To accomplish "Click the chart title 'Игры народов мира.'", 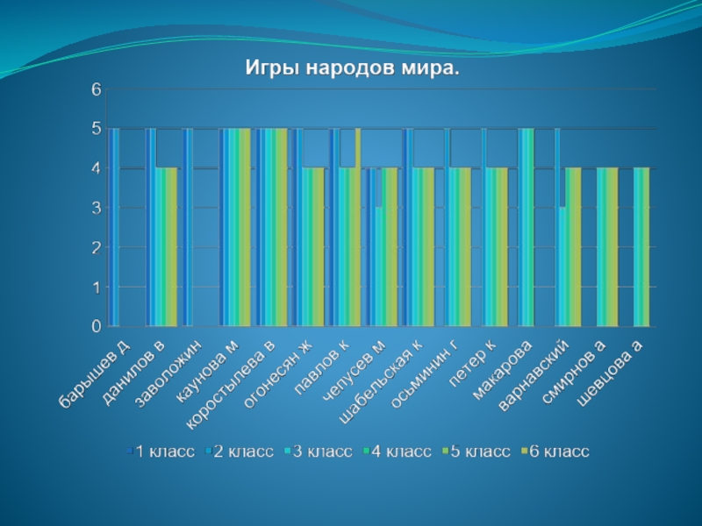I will click(351, 68).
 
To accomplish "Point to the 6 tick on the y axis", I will click(97, 89).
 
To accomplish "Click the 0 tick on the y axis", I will click(97, 326).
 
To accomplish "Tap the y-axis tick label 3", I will click(97, 208).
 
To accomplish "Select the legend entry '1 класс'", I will click(159, 451).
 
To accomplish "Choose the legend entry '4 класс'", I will click(397, 451).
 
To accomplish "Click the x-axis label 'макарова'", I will click(503, 370).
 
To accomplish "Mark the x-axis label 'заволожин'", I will click(168, 373).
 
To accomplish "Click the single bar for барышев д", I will click(114, 227).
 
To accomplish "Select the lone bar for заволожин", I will click(188, 227).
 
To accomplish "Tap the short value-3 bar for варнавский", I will click(562, 267).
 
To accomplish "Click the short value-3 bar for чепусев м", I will click(378, 267).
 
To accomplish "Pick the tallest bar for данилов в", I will click(151, 227).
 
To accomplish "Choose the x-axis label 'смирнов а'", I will click(575, 374).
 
